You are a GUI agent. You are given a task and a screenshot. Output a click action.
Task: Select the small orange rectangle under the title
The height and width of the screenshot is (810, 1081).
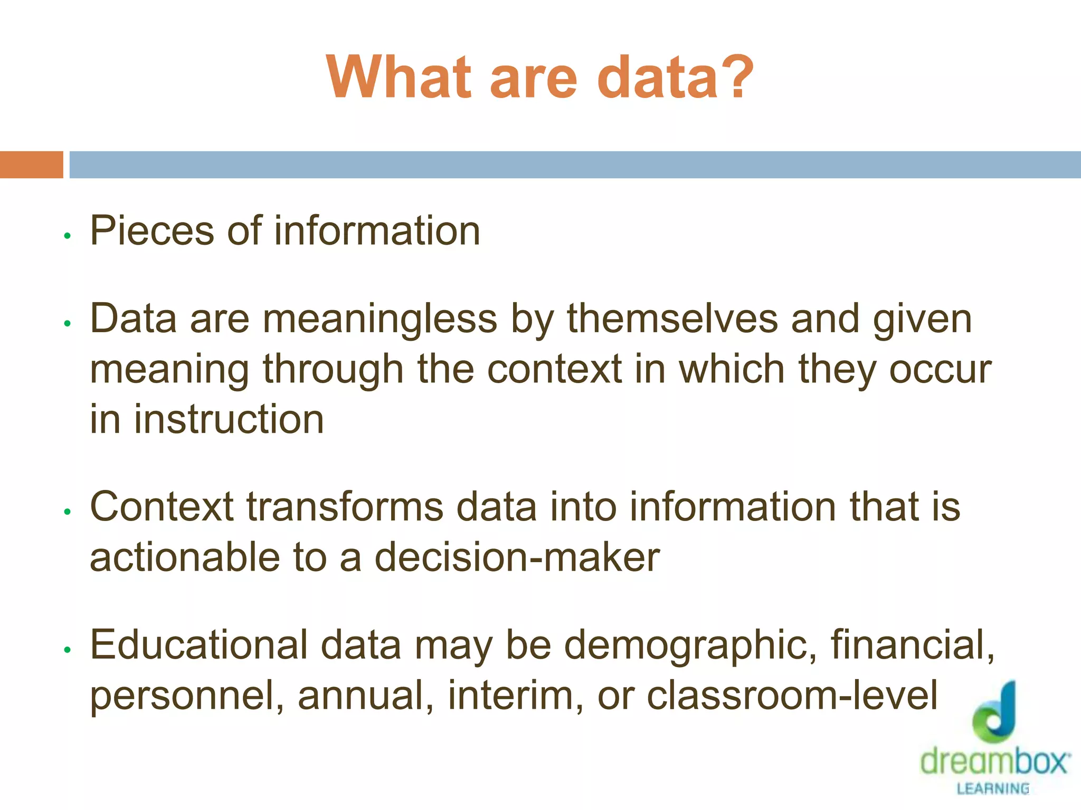[31, 165]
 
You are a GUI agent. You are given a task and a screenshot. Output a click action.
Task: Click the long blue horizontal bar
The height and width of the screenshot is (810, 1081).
[575, 165]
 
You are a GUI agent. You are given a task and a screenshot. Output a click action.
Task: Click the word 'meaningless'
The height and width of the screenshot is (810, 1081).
[380, 320]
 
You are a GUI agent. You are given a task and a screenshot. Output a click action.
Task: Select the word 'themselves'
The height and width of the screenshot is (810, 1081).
[672, 320]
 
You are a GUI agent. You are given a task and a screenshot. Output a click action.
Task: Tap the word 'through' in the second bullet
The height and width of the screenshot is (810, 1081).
[333, 369]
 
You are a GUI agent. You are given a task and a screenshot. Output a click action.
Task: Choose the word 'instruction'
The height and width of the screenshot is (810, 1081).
[229, 419]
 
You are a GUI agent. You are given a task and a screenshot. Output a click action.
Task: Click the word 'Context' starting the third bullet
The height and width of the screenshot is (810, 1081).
[162, 507]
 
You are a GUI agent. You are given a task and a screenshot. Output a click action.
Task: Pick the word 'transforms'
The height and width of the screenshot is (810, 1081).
[345, 507]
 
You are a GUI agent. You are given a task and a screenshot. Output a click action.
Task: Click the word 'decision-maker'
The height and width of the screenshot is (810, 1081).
[517, 557]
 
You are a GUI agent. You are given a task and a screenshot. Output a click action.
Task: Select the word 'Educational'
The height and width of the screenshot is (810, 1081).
[199, 645]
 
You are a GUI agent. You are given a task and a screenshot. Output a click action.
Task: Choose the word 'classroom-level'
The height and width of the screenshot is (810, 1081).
[792, 696]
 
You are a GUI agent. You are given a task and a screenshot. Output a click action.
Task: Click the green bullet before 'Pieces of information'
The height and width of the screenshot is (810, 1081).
[67, 236]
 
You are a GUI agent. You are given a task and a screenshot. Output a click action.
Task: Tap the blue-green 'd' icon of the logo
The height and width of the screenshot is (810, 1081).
[995, 712]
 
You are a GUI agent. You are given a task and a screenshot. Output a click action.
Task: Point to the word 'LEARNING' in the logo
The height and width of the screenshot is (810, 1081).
[993, 789]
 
